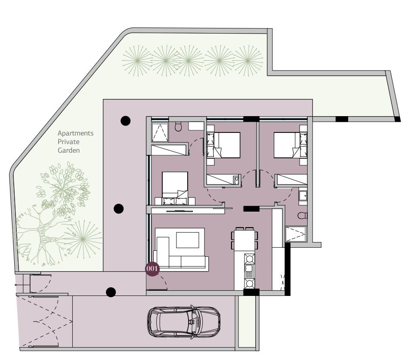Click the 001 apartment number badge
point(152,269)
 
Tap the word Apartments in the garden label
point(75,133)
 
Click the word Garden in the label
point(69,150)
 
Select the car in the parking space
point(184,322)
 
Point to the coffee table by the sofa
point(188,240)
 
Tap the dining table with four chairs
point(244,239)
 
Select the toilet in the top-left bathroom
point(178,126)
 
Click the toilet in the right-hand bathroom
point(302,215)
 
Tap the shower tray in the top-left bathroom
point(160,132)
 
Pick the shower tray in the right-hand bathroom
point(296,234)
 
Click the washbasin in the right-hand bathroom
point(303,196)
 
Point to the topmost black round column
point(126,121)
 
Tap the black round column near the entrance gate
point(111,292)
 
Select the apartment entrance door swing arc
point(163,281)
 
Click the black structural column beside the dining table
point(251,209)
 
